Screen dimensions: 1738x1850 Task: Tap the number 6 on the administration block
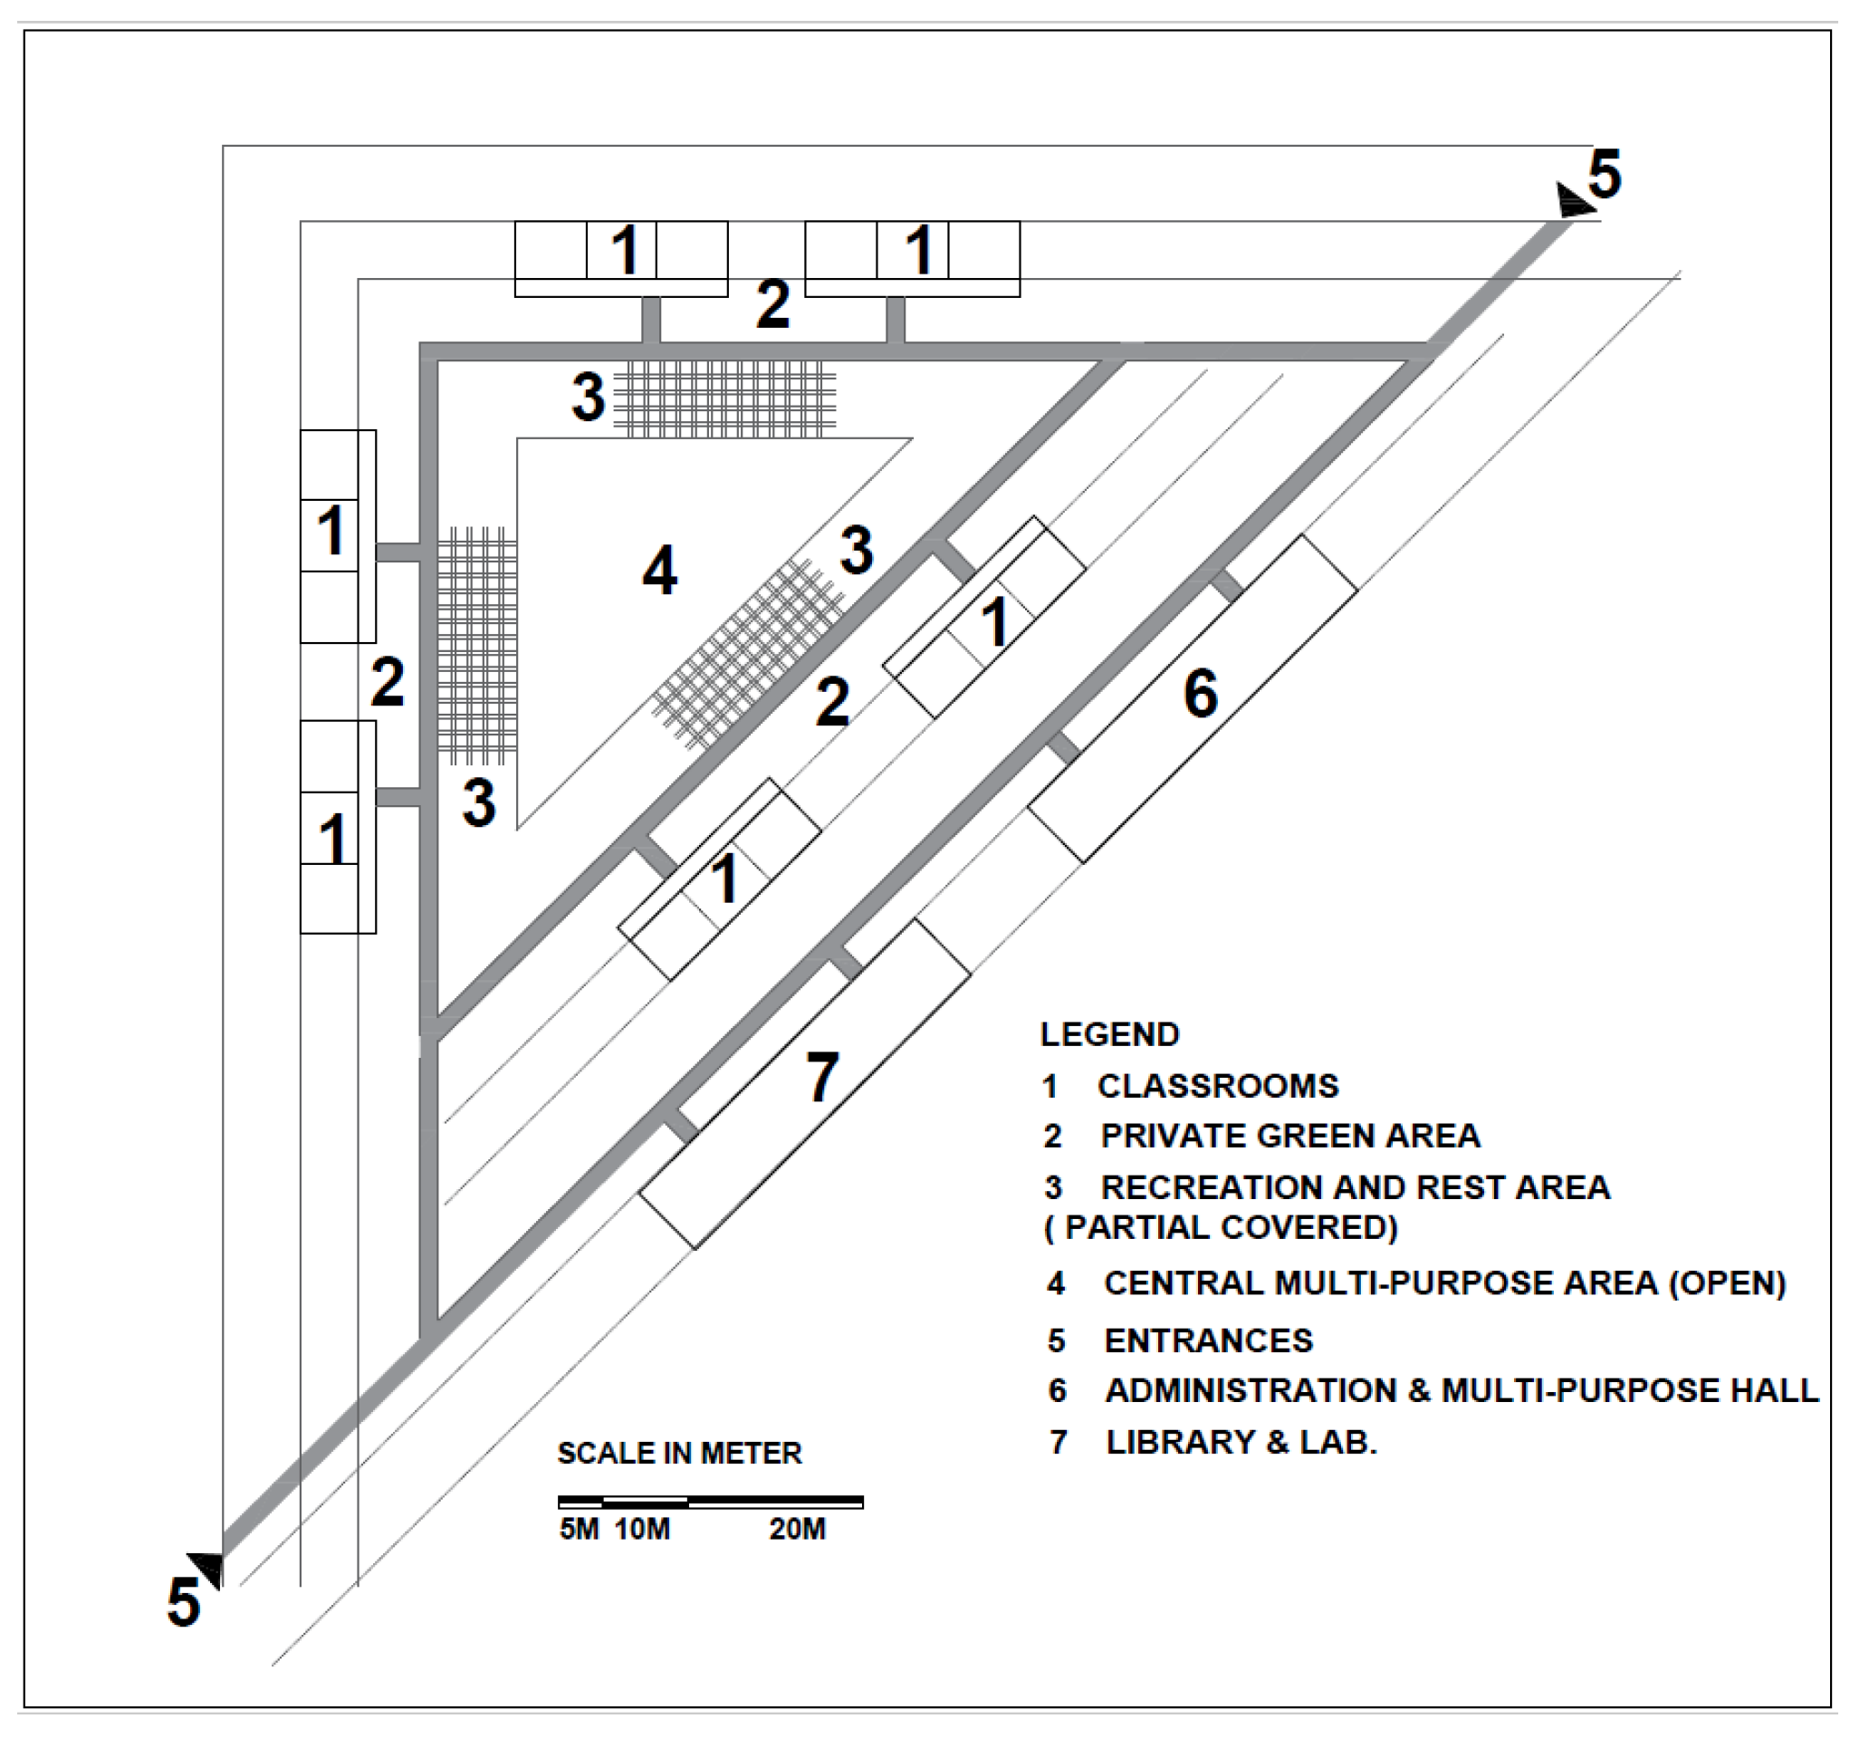point(1201,694)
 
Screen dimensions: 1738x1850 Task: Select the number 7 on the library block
point(821,1077)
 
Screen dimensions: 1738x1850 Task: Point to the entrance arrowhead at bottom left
point(206,1569)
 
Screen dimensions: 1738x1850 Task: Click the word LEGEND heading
point(1109,1034)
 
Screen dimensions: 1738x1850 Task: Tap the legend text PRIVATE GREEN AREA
point(1289,1136)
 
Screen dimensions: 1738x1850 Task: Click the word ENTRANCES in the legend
point(1208,1340)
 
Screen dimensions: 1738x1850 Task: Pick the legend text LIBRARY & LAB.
point(1241,1442)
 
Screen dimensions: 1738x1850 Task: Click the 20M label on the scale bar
point(797,1530)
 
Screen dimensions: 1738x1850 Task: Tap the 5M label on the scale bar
point(579,1530)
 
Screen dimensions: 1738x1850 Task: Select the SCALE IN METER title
point(679,1453)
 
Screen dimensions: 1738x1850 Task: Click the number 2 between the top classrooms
point(772,304)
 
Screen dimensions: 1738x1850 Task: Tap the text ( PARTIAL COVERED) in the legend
point(1221,1227)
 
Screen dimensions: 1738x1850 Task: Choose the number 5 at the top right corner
point(1605,174)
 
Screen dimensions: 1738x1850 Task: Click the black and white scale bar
point(710,1502)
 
